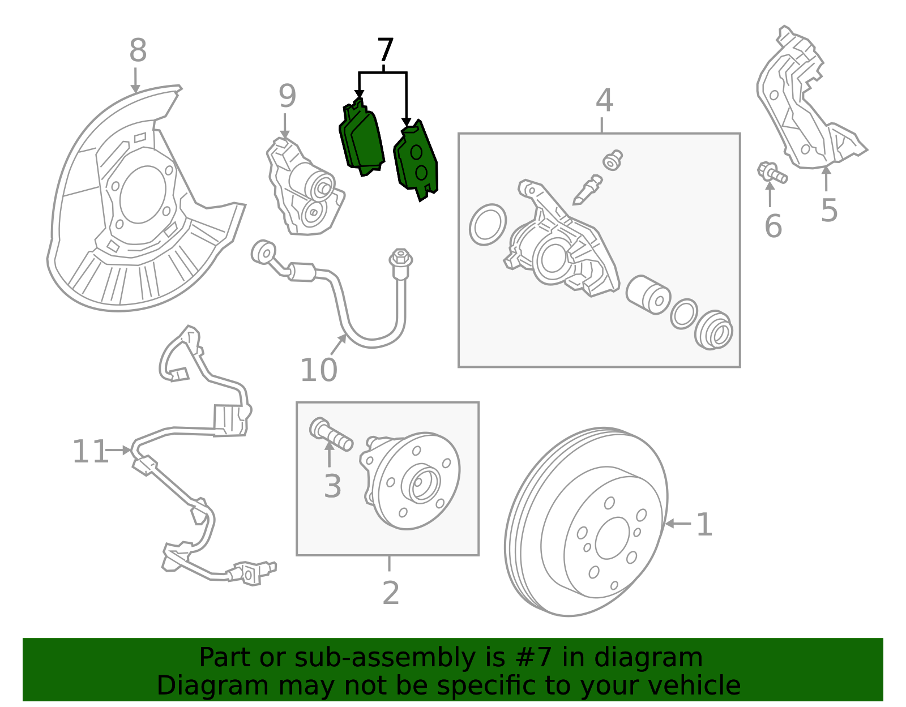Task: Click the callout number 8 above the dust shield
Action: (138, 51)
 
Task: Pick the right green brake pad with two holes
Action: (417, 161)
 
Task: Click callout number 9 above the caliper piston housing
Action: (287, 97)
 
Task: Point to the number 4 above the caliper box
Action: (604, 101)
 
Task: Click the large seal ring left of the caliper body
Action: (488, 225)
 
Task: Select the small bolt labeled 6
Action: (772, 173)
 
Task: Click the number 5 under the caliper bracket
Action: (829, 211)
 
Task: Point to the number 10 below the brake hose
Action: (318, 371)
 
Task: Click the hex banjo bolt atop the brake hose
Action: (401, 261)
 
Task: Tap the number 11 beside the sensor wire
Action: (89, 452)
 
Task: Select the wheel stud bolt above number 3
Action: (331, 434)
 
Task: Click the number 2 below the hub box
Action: (391, 593)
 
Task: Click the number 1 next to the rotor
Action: (704, 525)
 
